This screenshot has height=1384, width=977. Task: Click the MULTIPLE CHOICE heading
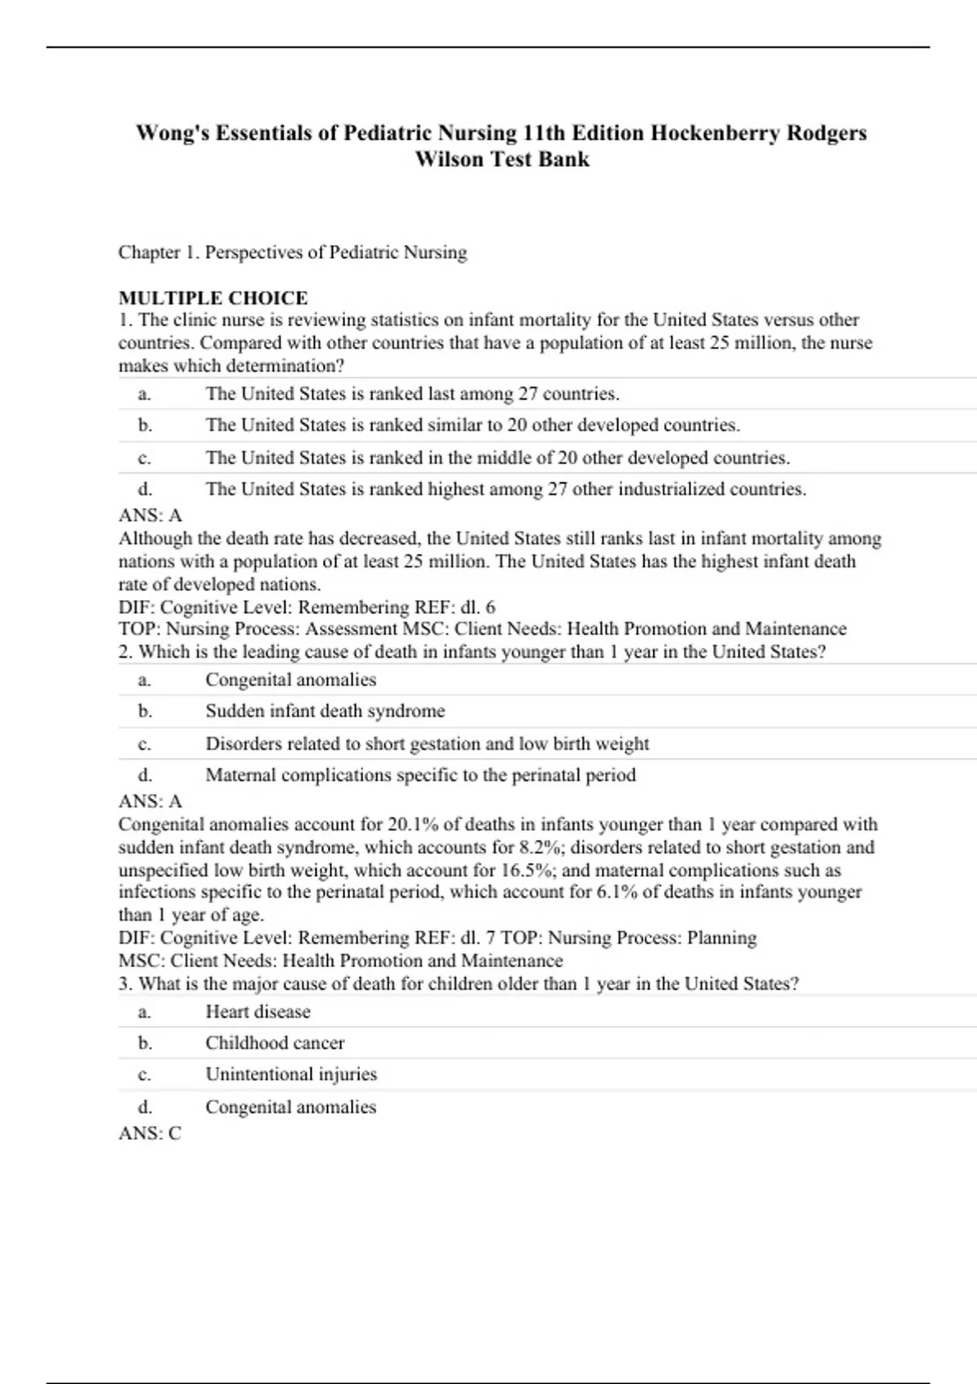point(212,298)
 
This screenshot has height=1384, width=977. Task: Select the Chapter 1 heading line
point(292,252)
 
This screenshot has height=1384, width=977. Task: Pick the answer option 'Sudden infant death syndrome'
point(325,711)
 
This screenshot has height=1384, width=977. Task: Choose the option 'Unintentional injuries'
point(291,1074)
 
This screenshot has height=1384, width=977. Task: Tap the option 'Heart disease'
point(257,1011)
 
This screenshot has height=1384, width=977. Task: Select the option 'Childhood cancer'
point(274,1043)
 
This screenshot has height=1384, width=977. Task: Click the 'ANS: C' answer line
point(150,1133)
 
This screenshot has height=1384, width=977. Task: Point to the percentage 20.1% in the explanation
point(416,824)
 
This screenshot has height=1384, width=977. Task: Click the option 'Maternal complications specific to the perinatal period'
point(420,774)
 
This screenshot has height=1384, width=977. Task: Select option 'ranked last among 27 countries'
point(412,394)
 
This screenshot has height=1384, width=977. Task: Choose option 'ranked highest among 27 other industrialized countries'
point(506,488)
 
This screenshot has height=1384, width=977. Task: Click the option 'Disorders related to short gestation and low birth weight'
point(427,743)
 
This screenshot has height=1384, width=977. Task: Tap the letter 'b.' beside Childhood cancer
point(145,1043)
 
